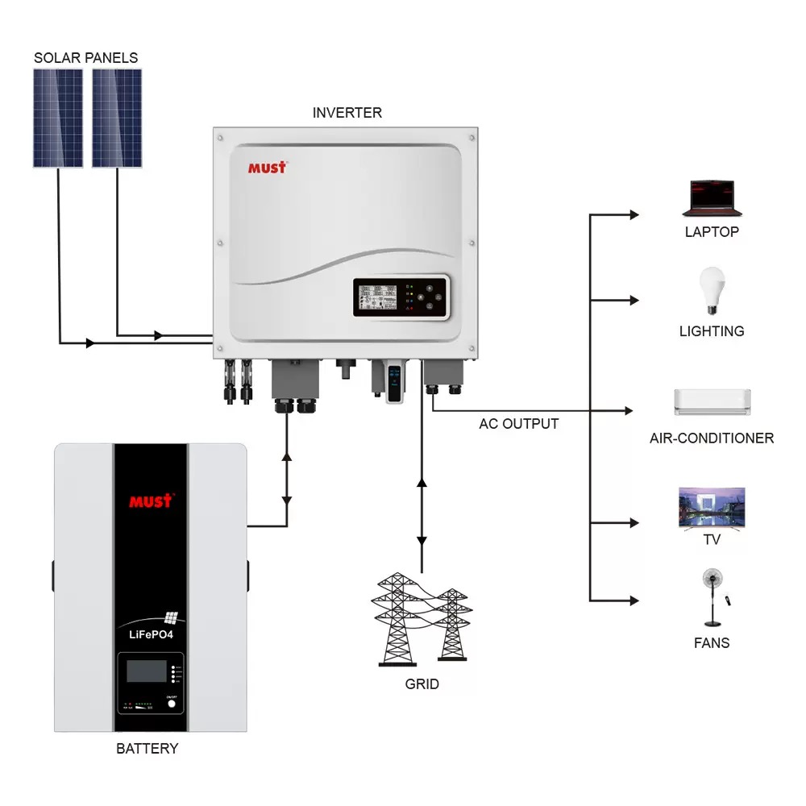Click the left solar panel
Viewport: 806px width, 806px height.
click(x=58, y=118)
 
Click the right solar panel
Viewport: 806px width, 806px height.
click(x=117, y=118)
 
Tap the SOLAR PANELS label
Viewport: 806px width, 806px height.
click(x=85, y=58)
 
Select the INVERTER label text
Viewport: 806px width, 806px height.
click(x=347, y=113)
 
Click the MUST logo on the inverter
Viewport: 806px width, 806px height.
click(x=267, y=168)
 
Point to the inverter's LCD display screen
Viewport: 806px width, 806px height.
click(x=376, y=300)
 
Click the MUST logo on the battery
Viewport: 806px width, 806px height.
click(x=151, y=501)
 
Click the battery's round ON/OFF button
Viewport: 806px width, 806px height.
click(x=171, y=703)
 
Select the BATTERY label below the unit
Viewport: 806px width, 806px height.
click(x=147, y=749)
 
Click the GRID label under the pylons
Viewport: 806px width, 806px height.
click(x=422, y=684)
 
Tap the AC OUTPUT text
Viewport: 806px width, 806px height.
click(x=518, y=424)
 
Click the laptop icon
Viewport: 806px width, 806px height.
click(x=711, y=198)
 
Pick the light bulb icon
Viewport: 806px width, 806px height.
click(x=712, y=290)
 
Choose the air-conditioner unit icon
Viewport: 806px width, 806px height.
click(x=712, y=401)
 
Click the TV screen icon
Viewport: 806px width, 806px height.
click(x=712, y=507)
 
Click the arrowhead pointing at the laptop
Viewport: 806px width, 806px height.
click(x=634, y=215)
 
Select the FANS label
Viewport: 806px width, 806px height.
click(x=712, y=643)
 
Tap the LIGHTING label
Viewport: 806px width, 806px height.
click(x=712, y=331)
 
